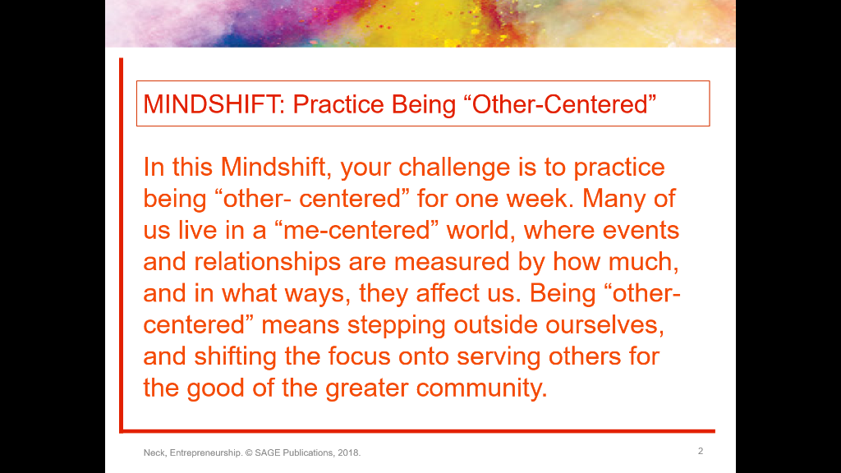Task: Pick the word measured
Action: (x=457, y=261)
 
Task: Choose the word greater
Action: (x=366, y=387)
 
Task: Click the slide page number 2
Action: (x=700, y=451)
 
